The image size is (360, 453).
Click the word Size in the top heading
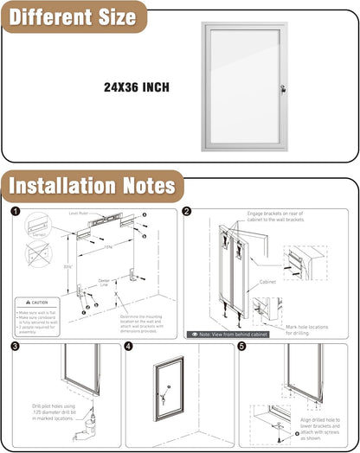pos(109,17)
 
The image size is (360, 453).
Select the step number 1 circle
pos(16,212)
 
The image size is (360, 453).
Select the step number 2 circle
pos(188,212)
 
